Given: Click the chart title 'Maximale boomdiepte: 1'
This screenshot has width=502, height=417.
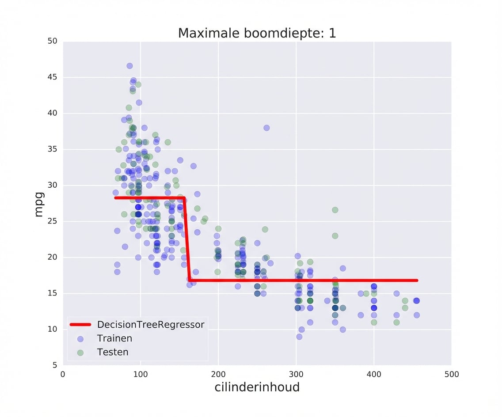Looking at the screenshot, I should (x=257, y=33).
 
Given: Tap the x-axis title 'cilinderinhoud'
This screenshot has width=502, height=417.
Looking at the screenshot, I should (x=257, y=387).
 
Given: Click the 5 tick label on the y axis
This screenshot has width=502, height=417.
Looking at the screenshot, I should (x=55, y=365).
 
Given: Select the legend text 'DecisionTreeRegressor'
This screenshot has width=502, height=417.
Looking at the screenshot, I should (x=151, y=325).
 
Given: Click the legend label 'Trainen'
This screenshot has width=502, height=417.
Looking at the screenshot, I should (x=114, y=339).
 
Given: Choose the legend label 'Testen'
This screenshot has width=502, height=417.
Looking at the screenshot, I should (x=113, y=352).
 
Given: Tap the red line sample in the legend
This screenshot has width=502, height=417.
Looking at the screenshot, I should (x=80, y=325).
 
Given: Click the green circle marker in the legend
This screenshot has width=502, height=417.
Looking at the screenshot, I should (x=80, y=353).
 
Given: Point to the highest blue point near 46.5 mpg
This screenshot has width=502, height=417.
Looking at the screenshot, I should (x=129, y=66).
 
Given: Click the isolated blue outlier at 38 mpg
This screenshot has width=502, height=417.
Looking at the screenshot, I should (x=266, y=128).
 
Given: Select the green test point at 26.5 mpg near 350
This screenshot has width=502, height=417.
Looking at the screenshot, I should (x=335, y=210).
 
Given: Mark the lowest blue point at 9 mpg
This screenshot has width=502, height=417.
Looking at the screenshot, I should (x=299, y=337).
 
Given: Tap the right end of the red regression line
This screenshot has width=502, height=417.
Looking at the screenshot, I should (x=417, y=281).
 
